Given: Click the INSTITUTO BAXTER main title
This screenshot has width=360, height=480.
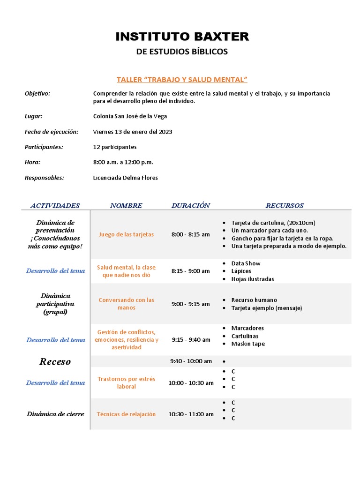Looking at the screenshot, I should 182,37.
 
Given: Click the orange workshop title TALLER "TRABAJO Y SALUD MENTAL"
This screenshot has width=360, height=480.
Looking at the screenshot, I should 182,80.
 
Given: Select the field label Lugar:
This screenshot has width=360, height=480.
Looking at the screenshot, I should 34,116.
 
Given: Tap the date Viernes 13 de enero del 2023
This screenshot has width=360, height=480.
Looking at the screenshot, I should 133,132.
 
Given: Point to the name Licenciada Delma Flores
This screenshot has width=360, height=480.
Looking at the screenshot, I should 126,178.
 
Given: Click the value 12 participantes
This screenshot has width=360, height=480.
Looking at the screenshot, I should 115,147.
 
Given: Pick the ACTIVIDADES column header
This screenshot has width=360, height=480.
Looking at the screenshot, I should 55,205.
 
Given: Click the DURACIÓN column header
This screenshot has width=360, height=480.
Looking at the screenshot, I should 191,205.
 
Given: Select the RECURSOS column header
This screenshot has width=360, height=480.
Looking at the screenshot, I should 285,205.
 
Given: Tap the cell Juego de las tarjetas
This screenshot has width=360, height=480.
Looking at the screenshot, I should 126,234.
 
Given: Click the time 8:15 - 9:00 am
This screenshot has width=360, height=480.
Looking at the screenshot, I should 191,271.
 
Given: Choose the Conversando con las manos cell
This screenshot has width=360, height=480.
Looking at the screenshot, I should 126,304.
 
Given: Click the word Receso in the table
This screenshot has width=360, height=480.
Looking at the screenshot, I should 55,361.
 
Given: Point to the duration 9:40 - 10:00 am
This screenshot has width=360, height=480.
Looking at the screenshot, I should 191,361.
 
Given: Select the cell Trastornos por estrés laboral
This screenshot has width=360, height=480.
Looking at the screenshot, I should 126,382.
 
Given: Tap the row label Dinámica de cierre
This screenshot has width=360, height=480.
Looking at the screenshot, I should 55,414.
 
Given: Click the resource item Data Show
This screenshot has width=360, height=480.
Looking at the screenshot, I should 246,263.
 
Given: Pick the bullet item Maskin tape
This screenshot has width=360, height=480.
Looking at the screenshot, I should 248,344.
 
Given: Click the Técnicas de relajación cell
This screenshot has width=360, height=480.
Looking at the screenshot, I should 126,414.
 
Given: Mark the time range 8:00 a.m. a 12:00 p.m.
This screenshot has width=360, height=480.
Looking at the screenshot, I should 123,162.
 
